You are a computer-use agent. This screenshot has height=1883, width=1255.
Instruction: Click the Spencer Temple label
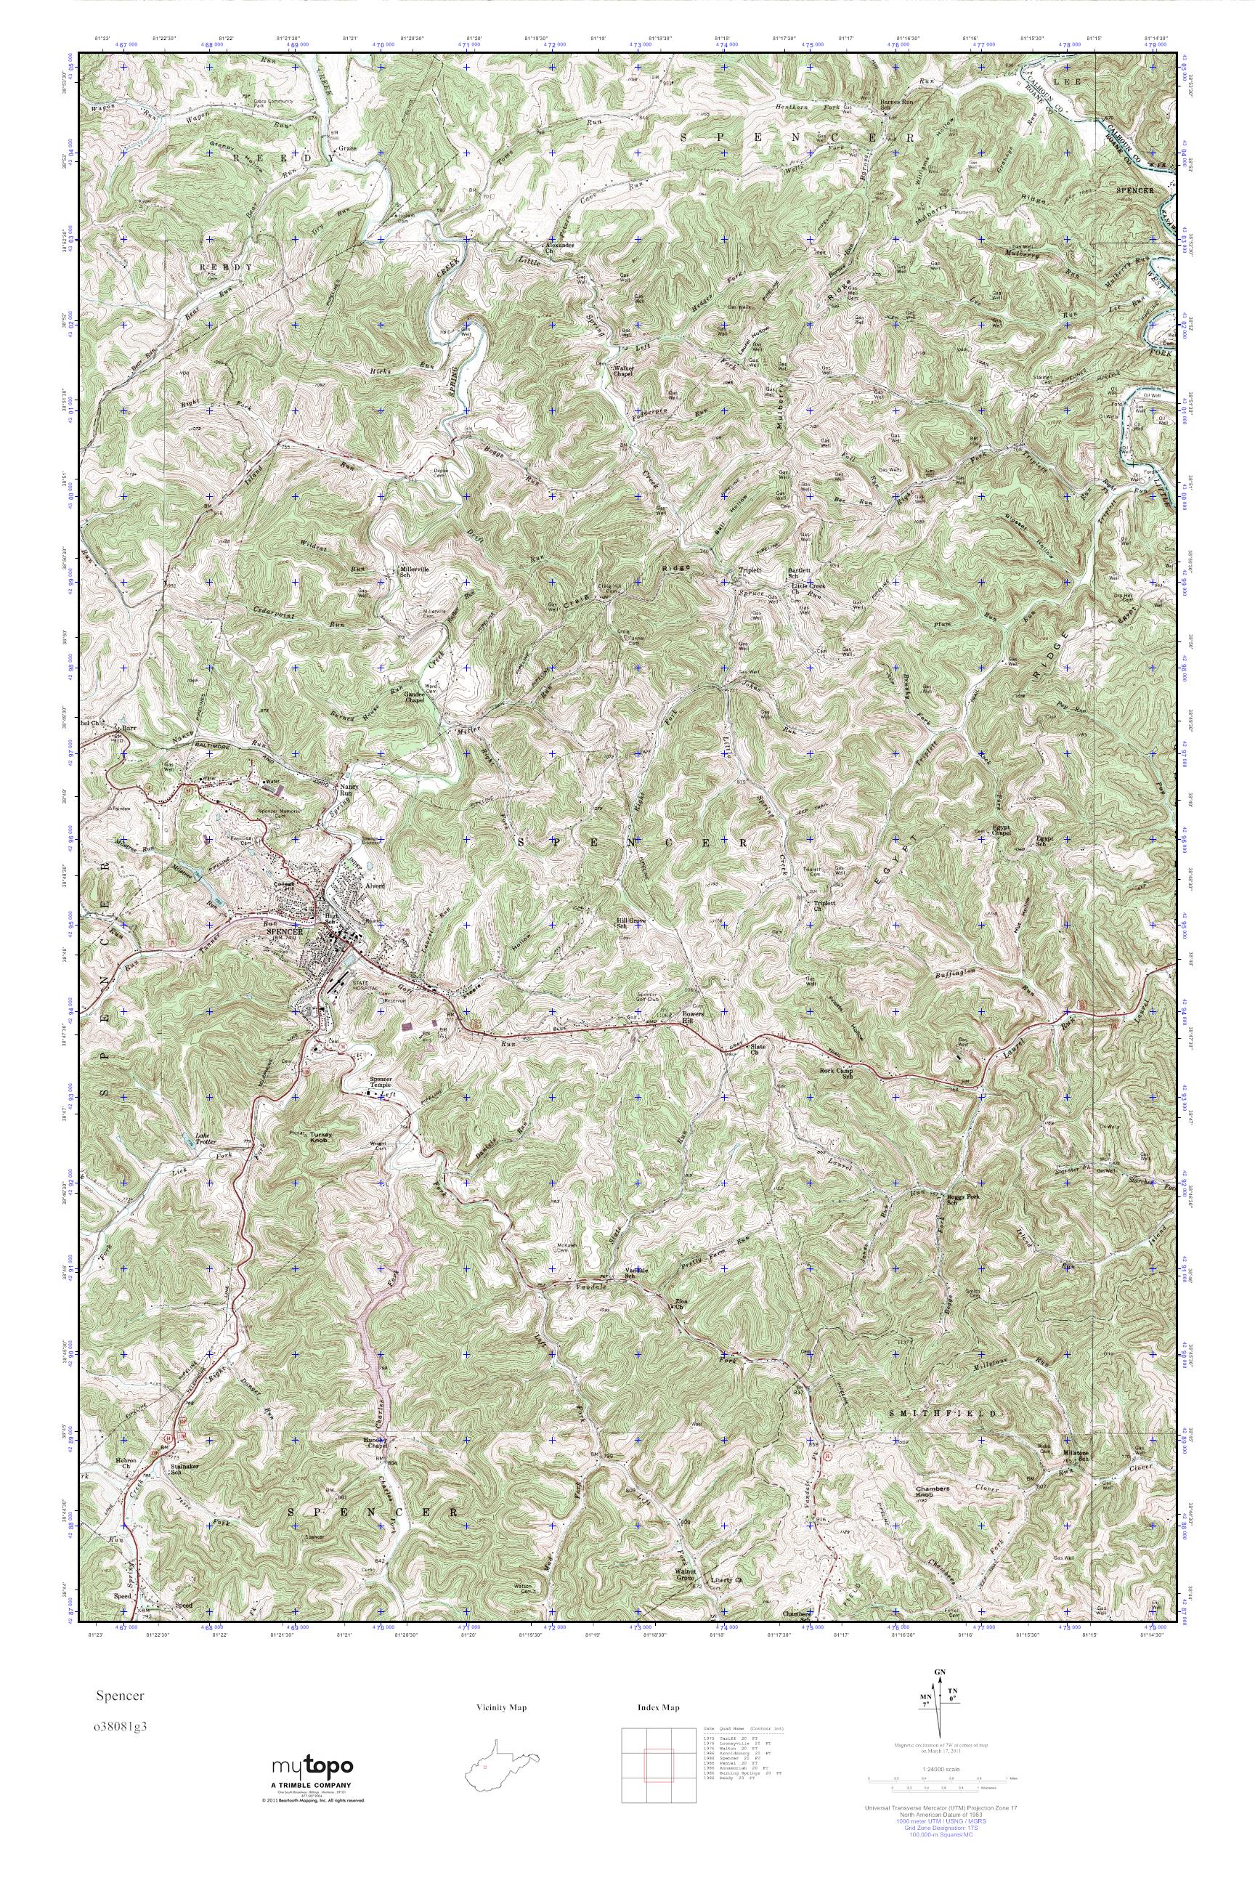(383, 1082)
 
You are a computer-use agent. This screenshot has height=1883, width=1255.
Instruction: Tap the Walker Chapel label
(622, 371)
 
